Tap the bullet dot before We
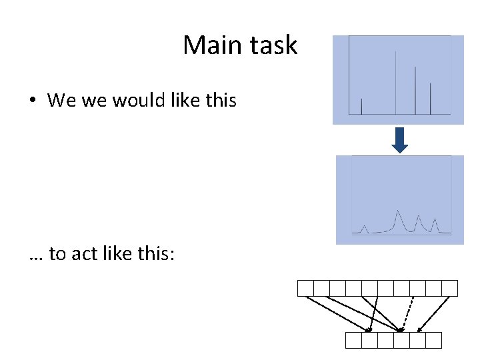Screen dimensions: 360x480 32,101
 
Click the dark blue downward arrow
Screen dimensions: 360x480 399,140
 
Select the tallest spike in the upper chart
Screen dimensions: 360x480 396,80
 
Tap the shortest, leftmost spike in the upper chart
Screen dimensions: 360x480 361,107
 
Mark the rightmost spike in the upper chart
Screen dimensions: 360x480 431,98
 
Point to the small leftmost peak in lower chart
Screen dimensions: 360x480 364,228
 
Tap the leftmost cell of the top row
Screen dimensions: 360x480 305,288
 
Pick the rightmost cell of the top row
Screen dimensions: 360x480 450,288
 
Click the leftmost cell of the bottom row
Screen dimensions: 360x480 354,341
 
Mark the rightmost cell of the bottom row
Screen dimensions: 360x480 434,341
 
